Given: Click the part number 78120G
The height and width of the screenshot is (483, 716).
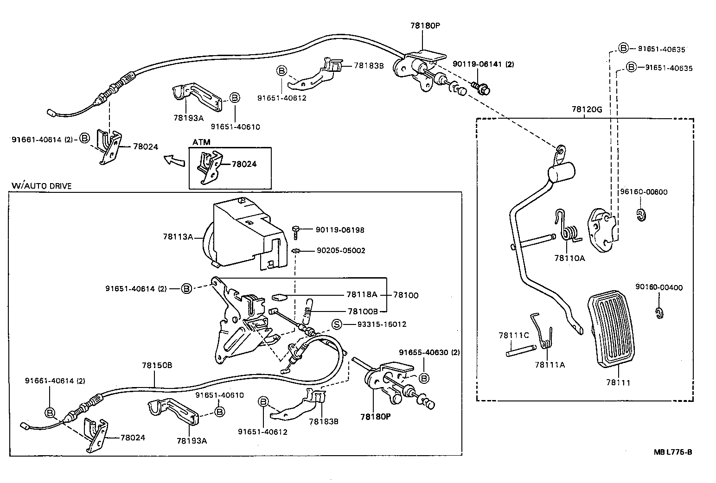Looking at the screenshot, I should [587, 110].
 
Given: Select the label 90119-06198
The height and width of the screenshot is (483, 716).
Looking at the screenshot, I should [340, 230].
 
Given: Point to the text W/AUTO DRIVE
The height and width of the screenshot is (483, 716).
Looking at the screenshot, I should [42, 186].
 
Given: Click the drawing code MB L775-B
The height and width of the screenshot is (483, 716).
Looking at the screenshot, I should [673, 452].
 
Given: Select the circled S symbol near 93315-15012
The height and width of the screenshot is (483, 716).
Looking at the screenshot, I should [337, 324].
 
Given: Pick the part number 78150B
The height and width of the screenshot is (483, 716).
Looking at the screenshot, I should [157, 365].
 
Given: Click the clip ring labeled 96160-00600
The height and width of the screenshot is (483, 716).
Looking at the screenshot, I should [641, 215].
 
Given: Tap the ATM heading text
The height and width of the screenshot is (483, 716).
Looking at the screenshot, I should [201, 142].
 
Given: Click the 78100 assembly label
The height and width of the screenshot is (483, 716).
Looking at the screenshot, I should [406, 295].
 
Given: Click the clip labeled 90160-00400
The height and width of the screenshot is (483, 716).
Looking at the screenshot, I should [659, 313].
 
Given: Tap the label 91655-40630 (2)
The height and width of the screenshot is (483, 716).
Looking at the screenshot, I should [429, 352].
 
